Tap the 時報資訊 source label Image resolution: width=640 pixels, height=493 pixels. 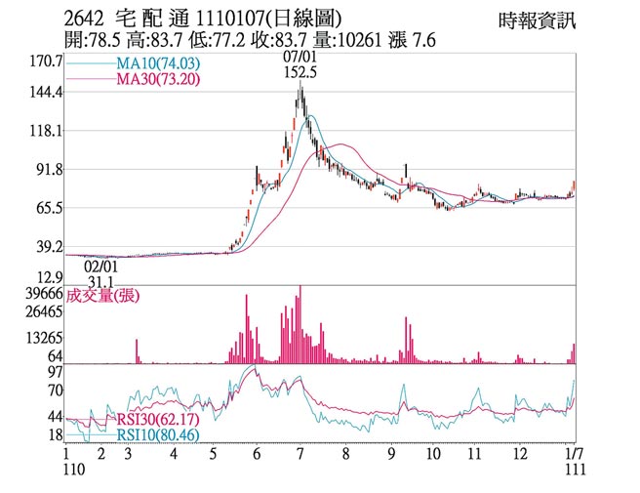[537, 20]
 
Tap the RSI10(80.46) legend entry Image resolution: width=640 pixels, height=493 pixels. [159, 434]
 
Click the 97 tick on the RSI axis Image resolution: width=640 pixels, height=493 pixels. [55, 372]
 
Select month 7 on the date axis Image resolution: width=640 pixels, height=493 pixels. [300, 454]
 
